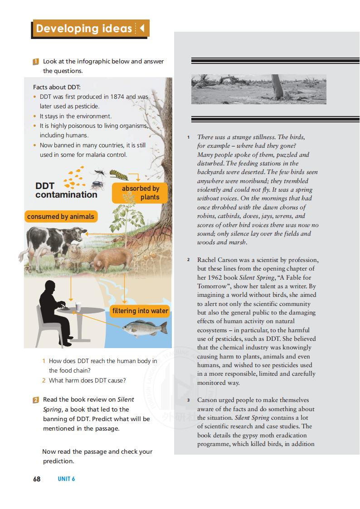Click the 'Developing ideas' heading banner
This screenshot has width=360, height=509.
90,29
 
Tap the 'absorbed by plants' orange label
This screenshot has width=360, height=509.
140,193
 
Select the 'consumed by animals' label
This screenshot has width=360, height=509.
60,217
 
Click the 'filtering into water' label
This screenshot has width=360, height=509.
140,310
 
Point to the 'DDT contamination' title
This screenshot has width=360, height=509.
66,190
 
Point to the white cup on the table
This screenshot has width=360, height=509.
78,307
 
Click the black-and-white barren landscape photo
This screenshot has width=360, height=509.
258,89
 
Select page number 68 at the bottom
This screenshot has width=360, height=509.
37,479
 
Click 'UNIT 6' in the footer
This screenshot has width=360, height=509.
66,479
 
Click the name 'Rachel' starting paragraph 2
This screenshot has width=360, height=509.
208,260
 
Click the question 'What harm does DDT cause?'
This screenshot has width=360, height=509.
87,380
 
